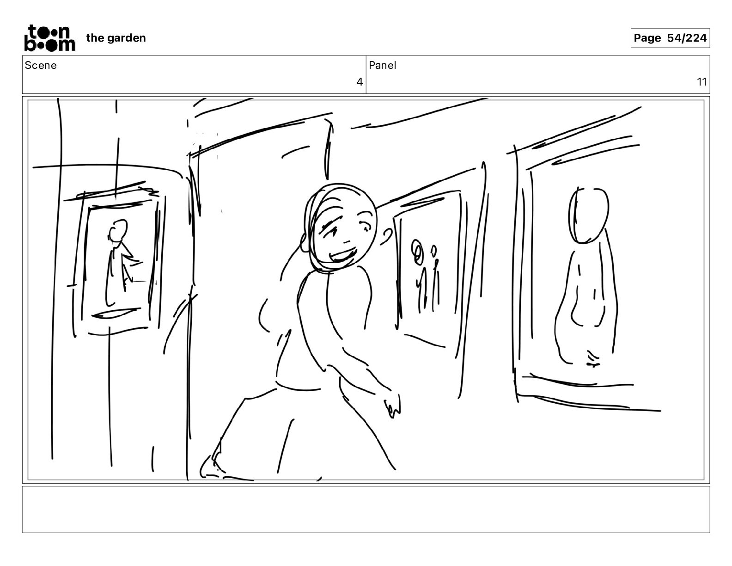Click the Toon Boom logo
[x=50, y=38]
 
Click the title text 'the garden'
[x=116, y=38]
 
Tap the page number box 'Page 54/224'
[x=670, y=38]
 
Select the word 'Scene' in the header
[x=40, y=65]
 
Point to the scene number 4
[x=360, y=82]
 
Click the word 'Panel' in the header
[x=382, y=65]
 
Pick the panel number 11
[x=701, y=82]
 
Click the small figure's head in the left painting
[x=118, y=230]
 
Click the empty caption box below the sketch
[x=366, y=510]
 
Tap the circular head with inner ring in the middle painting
[x=418, y=252]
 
